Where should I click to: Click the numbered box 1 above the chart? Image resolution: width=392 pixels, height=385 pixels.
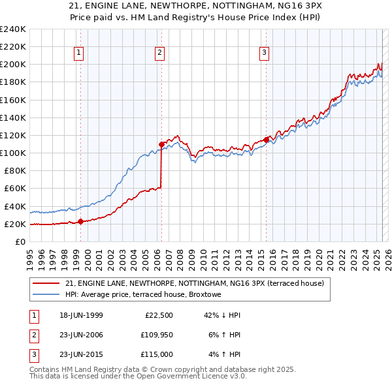pos(78,54)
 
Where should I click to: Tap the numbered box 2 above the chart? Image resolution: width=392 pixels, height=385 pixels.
pos(159,54)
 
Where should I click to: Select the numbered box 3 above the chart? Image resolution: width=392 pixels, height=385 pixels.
pos(263,54)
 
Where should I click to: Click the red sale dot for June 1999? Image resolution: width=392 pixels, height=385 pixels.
pos(81,221)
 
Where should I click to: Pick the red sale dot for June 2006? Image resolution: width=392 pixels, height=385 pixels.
pos(161,144)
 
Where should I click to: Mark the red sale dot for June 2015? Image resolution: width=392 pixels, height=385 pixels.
pos(266,140)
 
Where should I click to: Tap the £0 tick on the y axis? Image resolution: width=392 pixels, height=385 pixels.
pos(20,241)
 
